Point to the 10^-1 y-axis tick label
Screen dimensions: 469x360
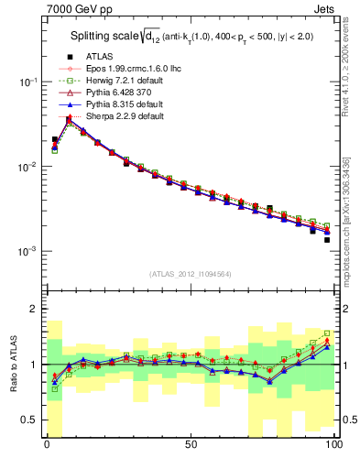tap(27, 82)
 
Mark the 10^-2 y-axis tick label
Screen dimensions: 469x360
tap(27, 167)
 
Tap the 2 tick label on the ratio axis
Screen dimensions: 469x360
tap(33, 309)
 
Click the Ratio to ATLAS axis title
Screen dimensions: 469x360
tap(12, 365)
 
